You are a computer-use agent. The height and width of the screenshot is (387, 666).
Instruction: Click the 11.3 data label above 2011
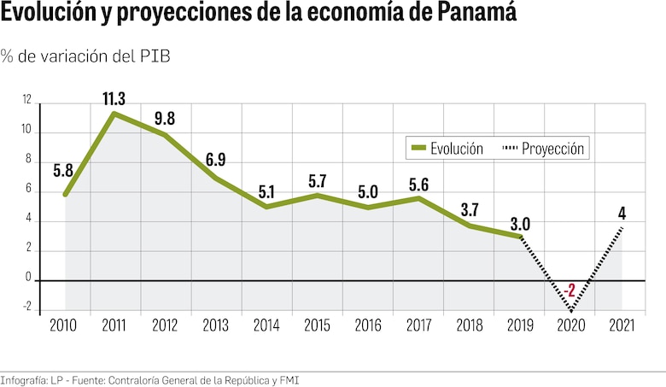pos(114,98)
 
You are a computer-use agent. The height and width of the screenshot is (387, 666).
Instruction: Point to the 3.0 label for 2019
pos(520,224)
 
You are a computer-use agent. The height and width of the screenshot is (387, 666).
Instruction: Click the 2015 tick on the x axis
pos(317,325)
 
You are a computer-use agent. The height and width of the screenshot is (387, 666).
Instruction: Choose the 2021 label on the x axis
pos(622,325)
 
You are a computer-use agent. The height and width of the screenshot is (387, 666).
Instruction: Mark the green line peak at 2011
pos(114,113)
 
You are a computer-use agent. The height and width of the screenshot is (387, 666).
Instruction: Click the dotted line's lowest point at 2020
pos(570,310)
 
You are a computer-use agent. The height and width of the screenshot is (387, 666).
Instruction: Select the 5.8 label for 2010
pos(63,170)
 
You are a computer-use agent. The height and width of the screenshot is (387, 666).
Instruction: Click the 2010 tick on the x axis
pos(64,325)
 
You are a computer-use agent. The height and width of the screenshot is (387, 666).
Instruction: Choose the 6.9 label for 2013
pos(216,160)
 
